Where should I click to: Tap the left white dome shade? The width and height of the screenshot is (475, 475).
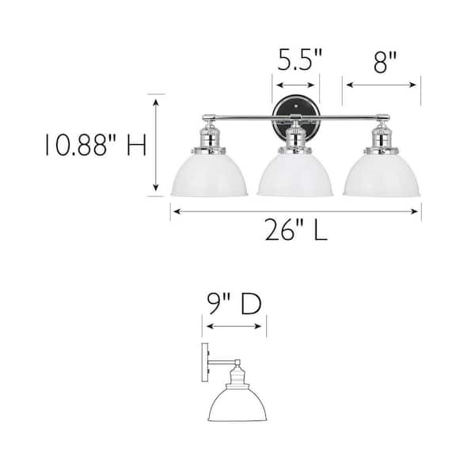pyautogui.click(x=209, y=174)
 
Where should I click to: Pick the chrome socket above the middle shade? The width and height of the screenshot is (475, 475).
pyautogui.click(x=295, y=136)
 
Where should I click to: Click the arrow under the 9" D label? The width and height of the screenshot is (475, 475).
pyautogui.click(x=234, y=324)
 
